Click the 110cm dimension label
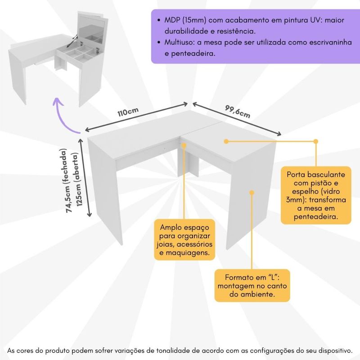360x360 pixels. pyautogui.click(x=128, y=112)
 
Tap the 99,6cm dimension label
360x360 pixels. pyautogui.click(x=237, y=111)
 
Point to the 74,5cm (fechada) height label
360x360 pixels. pyautogui.click(x=68, y=180)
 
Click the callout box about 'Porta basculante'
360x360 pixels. pyautogui.click(x=315, y=195)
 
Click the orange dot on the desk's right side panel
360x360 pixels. pyautogui.click(x=252, y=192)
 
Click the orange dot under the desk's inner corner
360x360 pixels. pyautogui.click(x=184, y=145)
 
